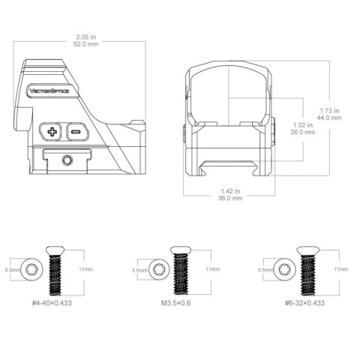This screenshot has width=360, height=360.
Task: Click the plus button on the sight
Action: point(50,131)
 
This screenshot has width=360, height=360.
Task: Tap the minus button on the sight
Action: point(77,131)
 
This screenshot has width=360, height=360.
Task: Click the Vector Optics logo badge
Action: point(52,91)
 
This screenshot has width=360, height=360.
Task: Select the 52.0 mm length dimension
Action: point(86,44)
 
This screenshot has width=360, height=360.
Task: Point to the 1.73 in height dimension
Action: point(329,110)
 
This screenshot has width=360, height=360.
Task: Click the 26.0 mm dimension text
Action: point(303,132)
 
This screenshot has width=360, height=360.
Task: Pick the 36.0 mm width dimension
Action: point(230,198)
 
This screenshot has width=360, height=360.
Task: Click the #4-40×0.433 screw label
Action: point(52,303)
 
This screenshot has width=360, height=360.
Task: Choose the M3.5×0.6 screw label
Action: point(175,303)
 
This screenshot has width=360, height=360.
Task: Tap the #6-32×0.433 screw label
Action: point(304,303)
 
